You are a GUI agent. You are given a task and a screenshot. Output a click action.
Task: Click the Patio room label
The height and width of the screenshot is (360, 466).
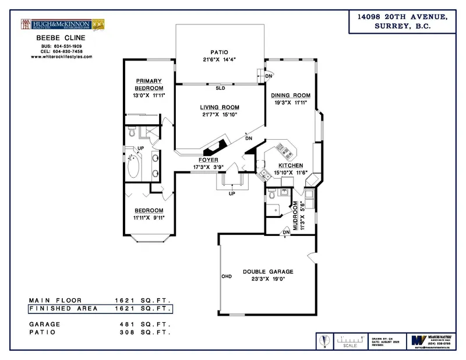coord(220,52)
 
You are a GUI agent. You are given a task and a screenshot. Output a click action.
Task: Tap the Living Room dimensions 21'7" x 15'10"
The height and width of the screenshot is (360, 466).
coord(219,114)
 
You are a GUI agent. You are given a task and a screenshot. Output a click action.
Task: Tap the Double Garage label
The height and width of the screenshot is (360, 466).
coord(268,271)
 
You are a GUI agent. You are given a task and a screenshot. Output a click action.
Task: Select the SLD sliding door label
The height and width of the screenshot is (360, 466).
coord(220,89)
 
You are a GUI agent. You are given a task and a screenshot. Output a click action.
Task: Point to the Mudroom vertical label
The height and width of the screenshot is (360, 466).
coord(295,217)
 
